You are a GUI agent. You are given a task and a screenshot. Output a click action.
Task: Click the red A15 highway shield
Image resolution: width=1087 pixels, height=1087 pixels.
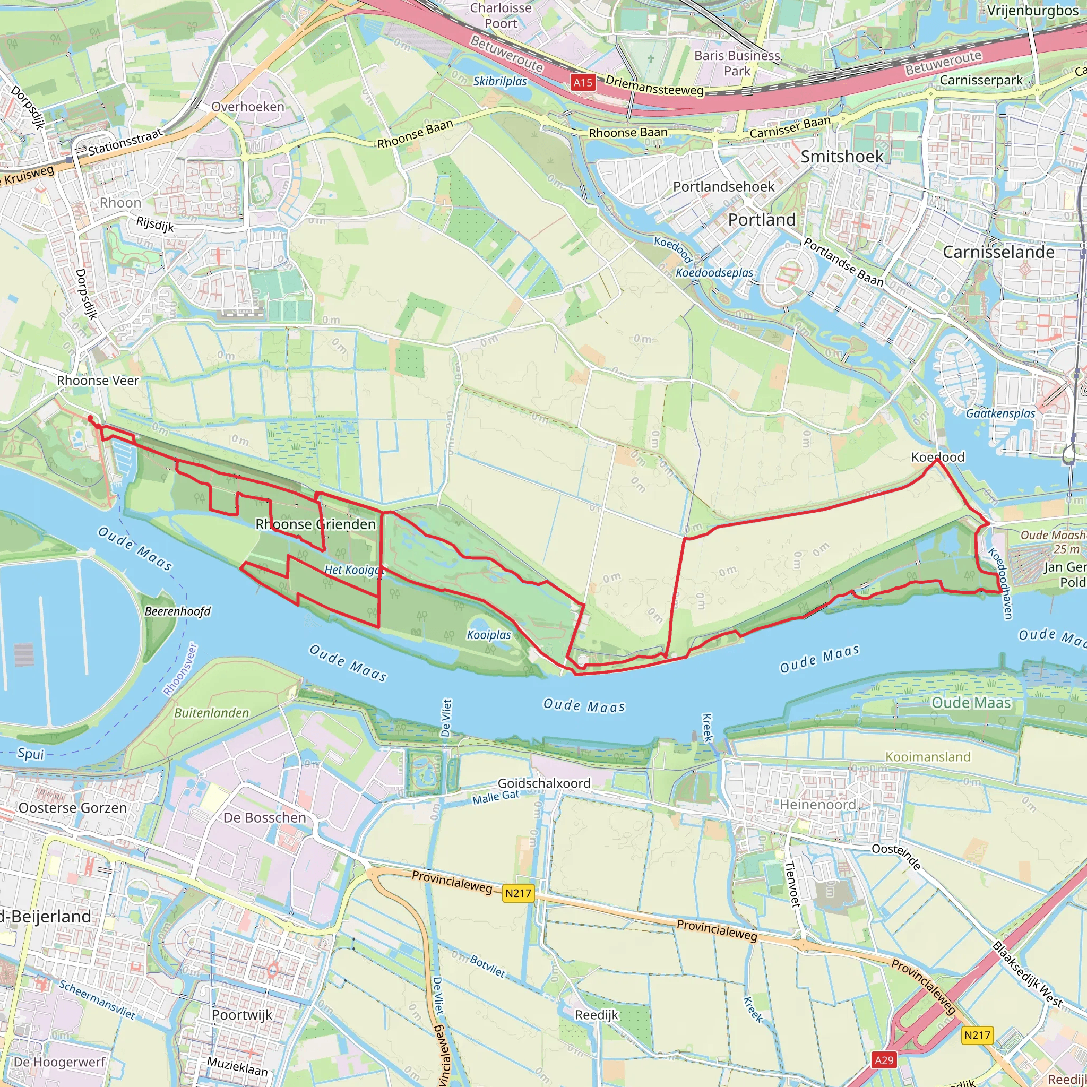pos(582,83)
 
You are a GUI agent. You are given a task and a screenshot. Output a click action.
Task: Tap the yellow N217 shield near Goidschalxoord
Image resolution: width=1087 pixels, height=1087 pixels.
pos(517,893)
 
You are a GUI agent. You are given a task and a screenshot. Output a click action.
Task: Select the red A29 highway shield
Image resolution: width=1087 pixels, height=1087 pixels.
pos(884,1060)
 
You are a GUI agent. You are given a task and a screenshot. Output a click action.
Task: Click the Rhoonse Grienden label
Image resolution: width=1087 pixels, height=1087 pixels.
pos(315,524)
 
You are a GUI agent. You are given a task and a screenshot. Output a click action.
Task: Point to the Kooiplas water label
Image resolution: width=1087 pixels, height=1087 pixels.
pos(489,635)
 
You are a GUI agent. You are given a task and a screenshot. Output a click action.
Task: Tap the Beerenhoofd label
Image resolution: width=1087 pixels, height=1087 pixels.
pos(177,611)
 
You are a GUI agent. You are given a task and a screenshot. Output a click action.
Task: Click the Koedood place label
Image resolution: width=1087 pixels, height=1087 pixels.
pos(937,457)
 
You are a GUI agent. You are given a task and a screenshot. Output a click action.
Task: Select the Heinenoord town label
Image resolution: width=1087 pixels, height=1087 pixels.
pos(817,805)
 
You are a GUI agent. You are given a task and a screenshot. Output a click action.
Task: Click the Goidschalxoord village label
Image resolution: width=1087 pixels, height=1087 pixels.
pos(544,783)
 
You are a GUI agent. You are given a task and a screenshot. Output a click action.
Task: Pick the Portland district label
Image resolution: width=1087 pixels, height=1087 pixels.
pos(762,219)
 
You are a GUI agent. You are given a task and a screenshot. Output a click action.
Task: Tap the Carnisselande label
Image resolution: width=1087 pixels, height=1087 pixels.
pos(998,252)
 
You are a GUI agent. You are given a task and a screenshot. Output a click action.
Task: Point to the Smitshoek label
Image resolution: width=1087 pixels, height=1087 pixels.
pos(842,157)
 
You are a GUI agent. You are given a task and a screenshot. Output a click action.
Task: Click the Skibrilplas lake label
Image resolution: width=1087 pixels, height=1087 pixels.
pos(499,81)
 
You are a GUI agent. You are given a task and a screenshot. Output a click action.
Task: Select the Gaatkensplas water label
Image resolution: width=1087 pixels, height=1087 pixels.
pos(1000,413)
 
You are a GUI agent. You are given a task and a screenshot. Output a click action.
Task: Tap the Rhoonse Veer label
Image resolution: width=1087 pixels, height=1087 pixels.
pos(98,381)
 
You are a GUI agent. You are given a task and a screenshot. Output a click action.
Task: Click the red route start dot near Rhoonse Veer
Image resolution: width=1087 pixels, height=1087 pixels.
pos(90,418)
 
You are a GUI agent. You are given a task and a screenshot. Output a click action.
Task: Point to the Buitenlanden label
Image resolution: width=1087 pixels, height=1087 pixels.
pos(212,713)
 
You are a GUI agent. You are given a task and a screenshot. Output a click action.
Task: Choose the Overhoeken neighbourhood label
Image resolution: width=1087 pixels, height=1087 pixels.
pos(247,106)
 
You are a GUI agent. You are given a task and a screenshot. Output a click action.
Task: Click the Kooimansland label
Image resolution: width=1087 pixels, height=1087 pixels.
pos(928,757)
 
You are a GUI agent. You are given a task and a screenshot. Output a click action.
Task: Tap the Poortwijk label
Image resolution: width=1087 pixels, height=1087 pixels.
pos(242,1014)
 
